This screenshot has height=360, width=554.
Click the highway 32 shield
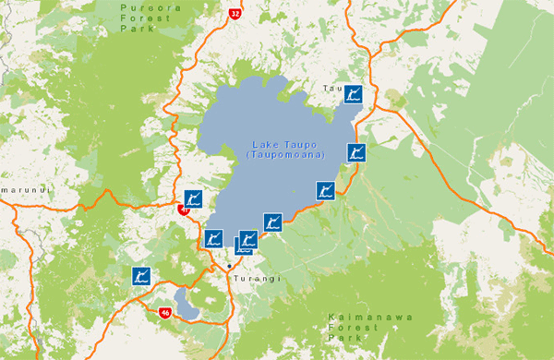coord(235,14)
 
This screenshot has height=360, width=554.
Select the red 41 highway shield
coord(184,210)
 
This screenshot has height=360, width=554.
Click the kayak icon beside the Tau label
coord(352,93)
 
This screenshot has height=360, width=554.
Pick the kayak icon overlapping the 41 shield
coord(193,198)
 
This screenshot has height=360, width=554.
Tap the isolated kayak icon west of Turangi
coord(141,276)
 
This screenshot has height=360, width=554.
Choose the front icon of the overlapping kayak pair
coord(248,240)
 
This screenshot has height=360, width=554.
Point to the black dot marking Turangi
coord(229,266)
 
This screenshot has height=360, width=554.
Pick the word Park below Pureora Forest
coord(134,29)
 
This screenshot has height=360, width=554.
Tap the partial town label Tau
coord(331,88)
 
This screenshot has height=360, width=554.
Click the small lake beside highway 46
coord(187,302)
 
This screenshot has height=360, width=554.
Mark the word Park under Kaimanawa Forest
coord(343,340)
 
